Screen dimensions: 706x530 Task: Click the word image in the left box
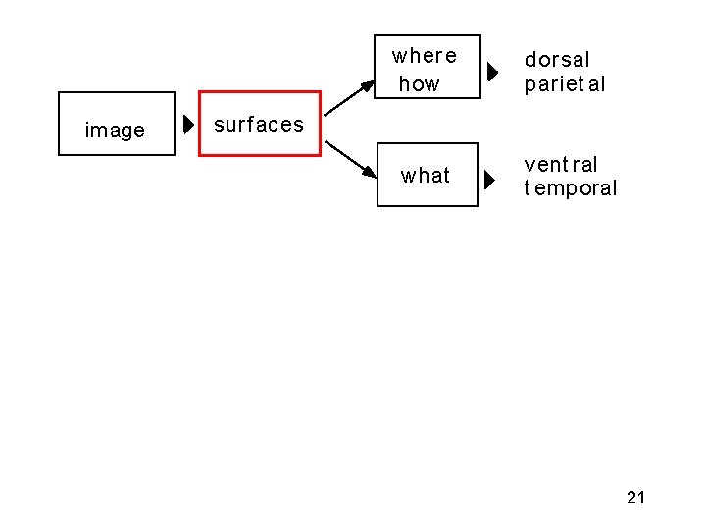(x=115, y=131)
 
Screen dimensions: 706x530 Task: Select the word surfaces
(x=259, y=125)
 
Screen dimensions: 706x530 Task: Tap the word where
(x=425, y=55)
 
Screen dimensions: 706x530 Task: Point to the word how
(x=420, y=84)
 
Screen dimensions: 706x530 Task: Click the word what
(x=426, y=176)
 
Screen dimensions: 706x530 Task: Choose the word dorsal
(x=557, y=61)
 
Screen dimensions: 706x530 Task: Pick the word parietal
(x=565, y=84)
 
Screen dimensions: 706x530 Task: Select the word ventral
(x=561, y=165)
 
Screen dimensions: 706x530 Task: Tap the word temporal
(x=571, y=188)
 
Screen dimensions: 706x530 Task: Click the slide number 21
(x=635, y=498)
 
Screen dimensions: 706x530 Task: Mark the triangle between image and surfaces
(x=189, y=125)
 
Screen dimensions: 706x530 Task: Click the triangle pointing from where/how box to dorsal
(x=493, y=72)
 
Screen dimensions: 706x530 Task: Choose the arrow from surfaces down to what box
(x=351, y=161)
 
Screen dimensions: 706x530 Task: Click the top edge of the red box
(x=260, y=93)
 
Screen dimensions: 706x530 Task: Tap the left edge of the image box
(x=59, y=124)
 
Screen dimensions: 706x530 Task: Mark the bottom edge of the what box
(x=428, y=205)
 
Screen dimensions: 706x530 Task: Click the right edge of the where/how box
(x=480, y=67)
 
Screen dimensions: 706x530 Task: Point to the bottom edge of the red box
(x=260, y=155)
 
